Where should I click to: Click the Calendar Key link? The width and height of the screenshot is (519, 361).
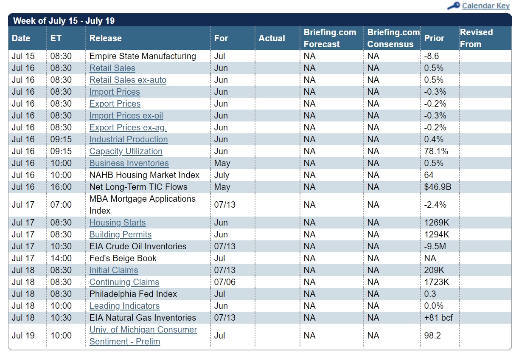(485, 6)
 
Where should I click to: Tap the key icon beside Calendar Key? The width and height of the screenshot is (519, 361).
(454, 6)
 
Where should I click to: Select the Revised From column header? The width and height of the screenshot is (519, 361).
(476, 38)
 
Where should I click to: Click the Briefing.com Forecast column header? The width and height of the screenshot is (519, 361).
(330, 38)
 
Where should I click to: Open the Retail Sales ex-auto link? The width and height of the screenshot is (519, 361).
(128, 80)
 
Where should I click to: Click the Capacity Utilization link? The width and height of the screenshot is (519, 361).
(126, 151)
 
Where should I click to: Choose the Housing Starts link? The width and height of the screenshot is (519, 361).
(118, 223)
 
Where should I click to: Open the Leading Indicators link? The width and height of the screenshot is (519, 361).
(124, 306)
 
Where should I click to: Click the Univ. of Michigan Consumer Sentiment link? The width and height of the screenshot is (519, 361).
(143, 336)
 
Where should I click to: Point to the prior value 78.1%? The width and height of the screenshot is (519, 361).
(436, 151)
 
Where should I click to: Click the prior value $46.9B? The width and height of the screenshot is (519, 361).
(438, 187)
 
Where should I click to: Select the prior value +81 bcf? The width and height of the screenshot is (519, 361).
(438, 318)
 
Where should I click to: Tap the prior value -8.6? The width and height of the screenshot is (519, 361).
(431, 56)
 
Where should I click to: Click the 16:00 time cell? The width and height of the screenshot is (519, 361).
(61, 187)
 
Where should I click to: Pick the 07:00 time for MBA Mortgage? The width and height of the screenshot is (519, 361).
(61, 205)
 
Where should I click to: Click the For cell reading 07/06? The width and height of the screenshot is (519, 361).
(224, 282)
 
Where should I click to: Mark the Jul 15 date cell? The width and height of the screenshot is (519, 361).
(23, 56)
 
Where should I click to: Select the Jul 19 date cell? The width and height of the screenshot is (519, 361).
(23, 336)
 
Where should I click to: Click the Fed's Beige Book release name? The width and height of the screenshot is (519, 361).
(123, 258)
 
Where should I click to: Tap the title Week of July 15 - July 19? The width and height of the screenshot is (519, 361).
(64, 21)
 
